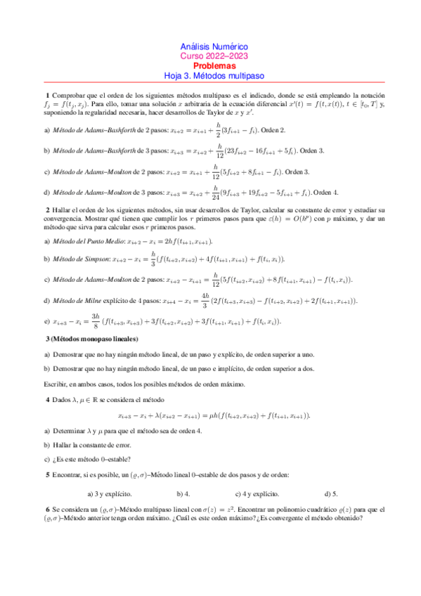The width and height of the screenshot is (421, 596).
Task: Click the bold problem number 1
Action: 47,95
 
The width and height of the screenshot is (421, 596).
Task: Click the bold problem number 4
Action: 47,399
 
